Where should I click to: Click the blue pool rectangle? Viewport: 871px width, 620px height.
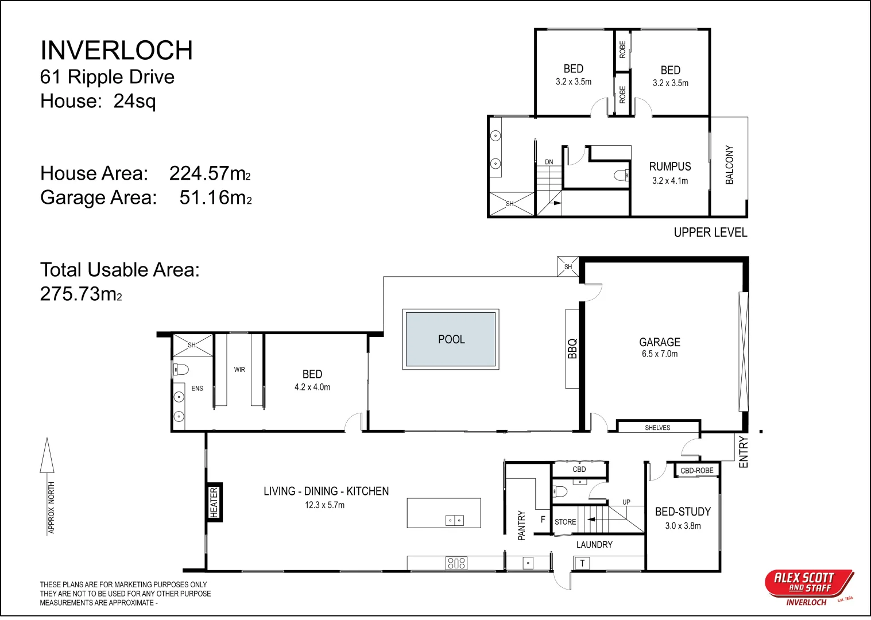coord(451,339)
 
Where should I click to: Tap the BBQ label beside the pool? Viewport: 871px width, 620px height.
coord(572,348)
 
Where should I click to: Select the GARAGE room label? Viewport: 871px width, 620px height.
coord(660,342)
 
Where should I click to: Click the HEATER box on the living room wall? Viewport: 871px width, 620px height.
coord(214,502)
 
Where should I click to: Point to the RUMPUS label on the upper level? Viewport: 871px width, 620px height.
coord(670,166)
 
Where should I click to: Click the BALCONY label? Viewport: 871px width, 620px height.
coord(729,165)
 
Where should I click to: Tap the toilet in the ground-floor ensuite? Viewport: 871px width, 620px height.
coord(180,369)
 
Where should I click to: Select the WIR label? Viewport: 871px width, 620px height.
coord(239,369)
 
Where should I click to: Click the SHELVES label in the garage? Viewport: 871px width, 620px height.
coord(657,428)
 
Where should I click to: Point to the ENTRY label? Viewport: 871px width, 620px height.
coord(743,452)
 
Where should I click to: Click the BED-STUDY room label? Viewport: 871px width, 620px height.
coord(683,511)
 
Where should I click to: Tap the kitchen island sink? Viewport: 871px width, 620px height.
coord(454,520)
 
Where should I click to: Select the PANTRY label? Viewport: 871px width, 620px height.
coord(521,525)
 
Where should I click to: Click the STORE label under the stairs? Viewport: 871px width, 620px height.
coord(566,522)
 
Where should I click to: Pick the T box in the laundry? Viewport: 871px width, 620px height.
coord(582,563)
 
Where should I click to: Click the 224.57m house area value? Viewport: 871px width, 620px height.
coord(210,173)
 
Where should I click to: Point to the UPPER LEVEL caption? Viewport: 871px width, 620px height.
coord(710,232)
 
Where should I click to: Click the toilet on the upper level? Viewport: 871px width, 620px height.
coord(621,175)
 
